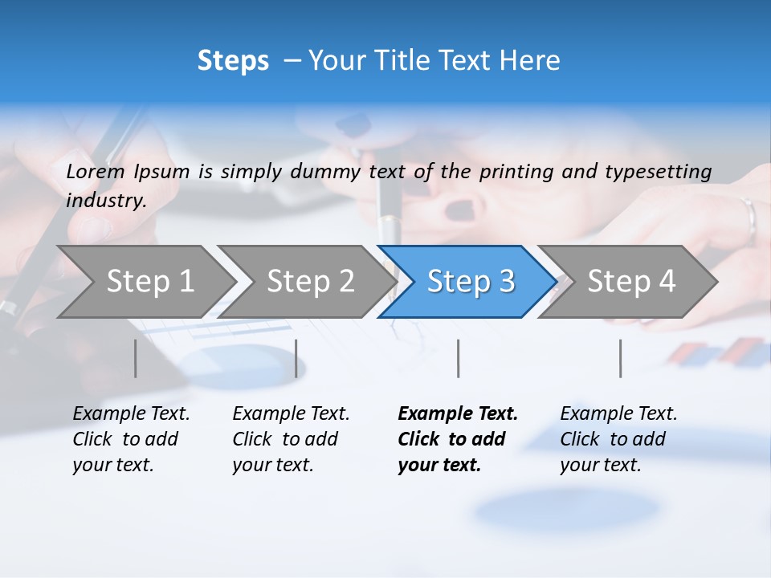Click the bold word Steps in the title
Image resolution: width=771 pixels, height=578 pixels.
(233, 61)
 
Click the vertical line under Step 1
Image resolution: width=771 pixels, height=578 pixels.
(136, 358)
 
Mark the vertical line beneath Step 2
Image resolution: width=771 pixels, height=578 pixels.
(296, 358)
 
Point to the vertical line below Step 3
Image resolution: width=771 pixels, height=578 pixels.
(458, 358)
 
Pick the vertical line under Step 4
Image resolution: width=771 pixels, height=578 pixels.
(620, 358)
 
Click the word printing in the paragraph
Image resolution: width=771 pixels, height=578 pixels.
(517, 171)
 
